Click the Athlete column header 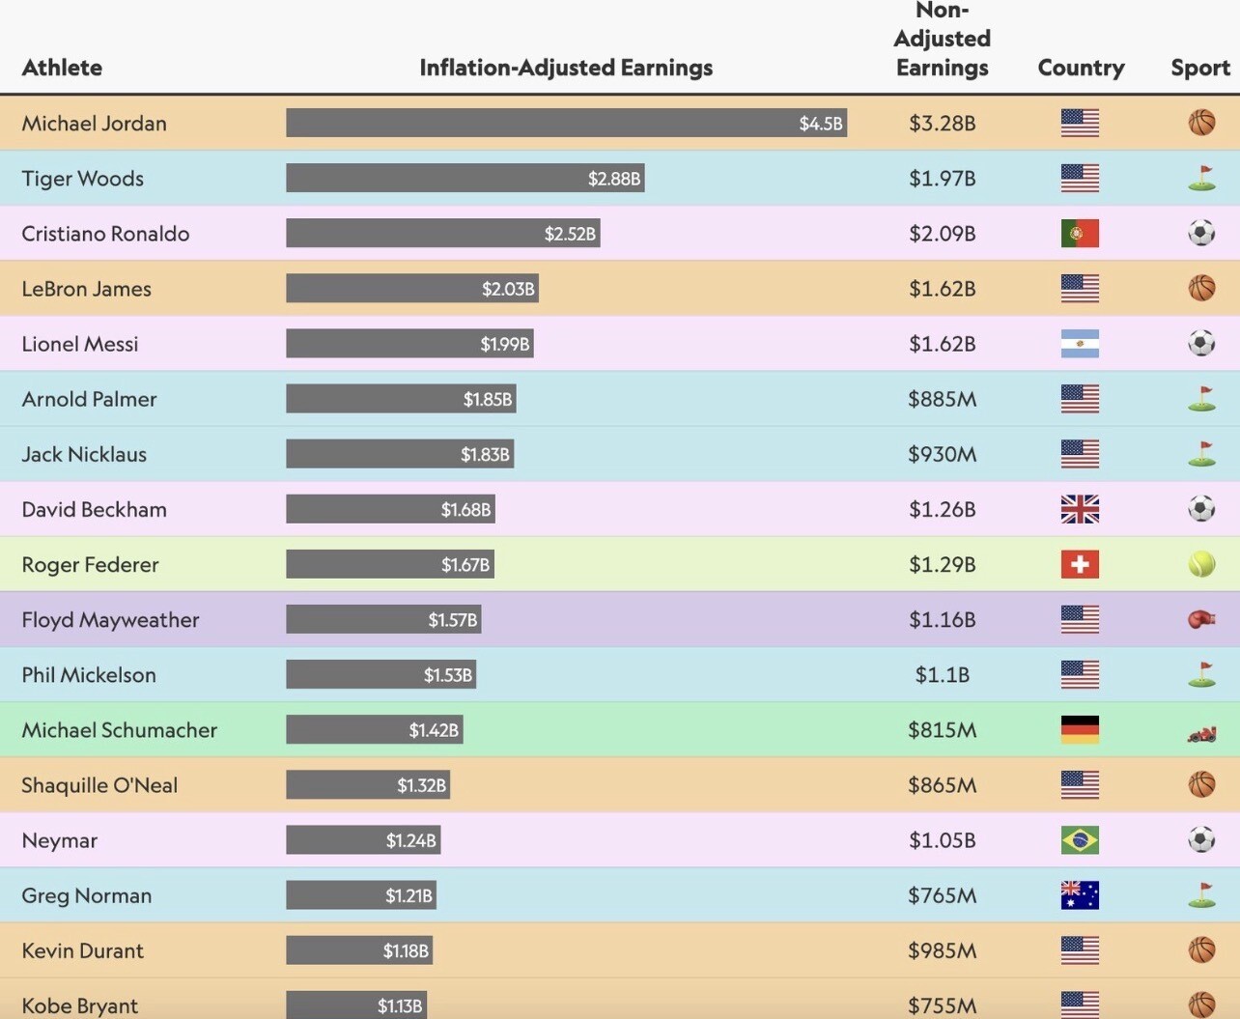coord(62,68)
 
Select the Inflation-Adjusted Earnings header coord(566,68)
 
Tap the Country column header coord(1081,68)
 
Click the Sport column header coord(1200,68)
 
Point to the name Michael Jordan coord(94,124)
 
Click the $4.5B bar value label coord(820,124)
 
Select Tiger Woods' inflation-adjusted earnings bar coord(465,179)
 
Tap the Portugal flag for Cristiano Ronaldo coord(1080,234)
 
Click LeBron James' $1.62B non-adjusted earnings coord(942,289)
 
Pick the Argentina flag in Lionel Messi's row coord(1080,344)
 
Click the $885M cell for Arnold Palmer coord(942,399)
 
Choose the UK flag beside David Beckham coord(1080,509)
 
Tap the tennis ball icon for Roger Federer coord(1201,564)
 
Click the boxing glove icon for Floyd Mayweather coord(1201,619)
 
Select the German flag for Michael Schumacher coord(1080,729)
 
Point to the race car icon coord(1201,733)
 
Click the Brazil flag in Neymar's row coord(1080,840)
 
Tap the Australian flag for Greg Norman coord(1080,895)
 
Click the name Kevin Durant coord(82,950)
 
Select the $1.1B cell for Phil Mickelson coord(942,675)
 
